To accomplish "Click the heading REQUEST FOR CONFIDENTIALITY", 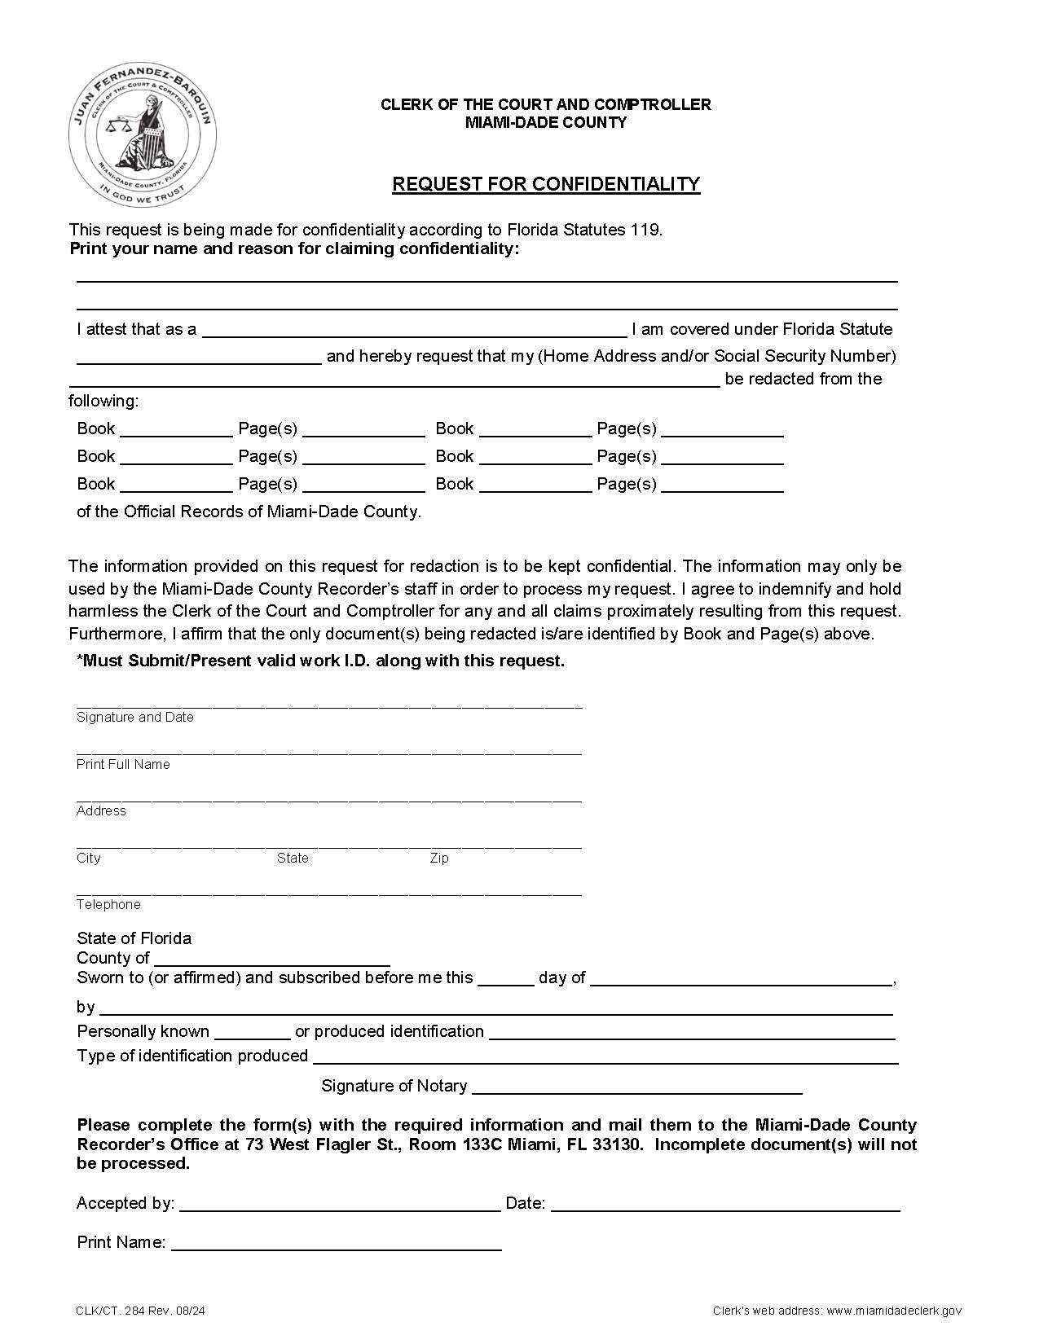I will coord(546,184).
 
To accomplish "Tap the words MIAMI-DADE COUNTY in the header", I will coord(546,123).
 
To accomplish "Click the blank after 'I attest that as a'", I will coord(414,330).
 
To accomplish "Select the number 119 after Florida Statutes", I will coord(645,230).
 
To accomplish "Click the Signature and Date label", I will coord(135,718).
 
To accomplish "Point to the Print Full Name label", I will coord(123,764).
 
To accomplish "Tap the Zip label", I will coord(439,859).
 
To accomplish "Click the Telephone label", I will coord(108,905).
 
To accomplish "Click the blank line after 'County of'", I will coord(271,959).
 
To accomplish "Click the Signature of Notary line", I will coord(636,1087).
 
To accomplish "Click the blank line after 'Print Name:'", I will coord(336,1243).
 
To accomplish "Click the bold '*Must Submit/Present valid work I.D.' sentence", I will coord(320,661).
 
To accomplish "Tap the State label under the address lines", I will coord(293,859).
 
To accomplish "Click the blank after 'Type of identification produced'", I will coord(605,1057).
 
